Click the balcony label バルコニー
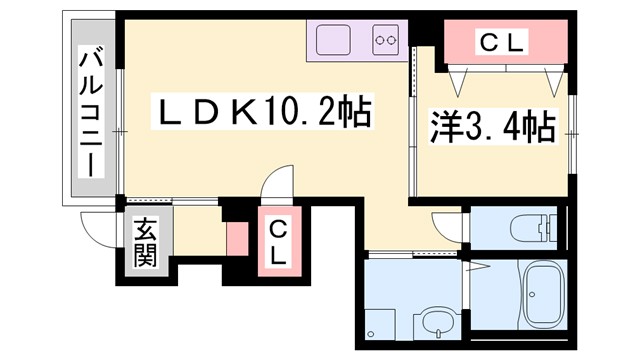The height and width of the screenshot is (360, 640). point(91,110)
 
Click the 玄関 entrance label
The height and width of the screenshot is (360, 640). point(145,244)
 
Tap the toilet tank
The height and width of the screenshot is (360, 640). point(549,228)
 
